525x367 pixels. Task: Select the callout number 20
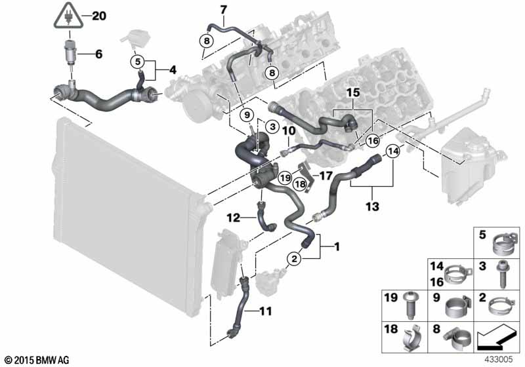click(x=99, y=16)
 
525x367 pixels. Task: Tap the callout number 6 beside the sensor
click(x=99, y=54)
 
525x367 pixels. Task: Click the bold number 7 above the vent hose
click(x=223, y=10)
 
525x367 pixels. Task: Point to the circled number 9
click(x=247, y=115)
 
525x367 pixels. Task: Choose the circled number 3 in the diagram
click(x=273, y=126)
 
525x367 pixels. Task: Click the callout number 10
click(x=289, y=130)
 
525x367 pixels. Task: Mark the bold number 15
click(x=353, y=92)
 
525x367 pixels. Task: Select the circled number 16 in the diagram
click(x=373, y=141)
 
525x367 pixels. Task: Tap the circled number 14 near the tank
click(x=393, y=151)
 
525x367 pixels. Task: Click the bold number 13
click(x=372, y=206)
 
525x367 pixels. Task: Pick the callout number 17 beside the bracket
click(x=325, y=176)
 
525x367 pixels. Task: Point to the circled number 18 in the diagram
click(x=300, y=183)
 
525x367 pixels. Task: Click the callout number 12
click(x=234, y=218)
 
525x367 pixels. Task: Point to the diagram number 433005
click(x=499, y=360)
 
